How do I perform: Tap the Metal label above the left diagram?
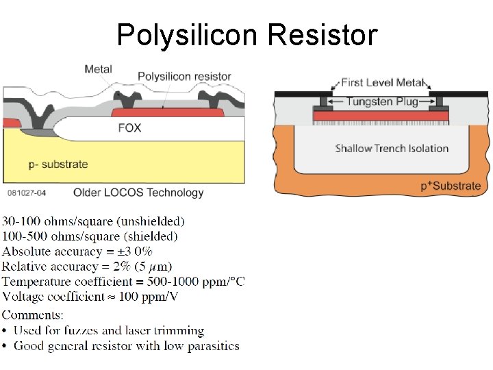click(x=98, y=69)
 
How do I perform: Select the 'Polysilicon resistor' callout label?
click(x=184, y=76)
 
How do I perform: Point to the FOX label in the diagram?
click(x=129, y=128)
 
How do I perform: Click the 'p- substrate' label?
click(x=58, y=164)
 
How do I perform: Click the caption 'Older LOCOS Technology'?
click(x=138, y=193)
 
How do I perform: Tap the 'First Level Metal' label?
click(x=382, y=83)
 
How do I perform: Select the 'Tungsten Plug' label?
click(x=381, y=101)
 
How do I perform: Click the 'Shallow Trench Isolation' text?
click(x=392, y=148)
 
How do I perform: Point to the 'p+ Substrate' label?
click(x=451, y=186)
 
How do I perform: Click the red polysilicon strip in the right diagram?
click(x=381, y=118)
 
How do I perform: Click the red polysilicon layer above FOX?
click(x=168, y=112)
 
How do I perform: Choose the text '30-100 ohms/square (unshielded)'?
click(x=93, y=221)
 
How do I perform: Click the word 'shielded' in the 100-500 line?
click(x=153, y=236)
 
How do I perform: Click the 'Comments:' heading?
click(x=33, y=315)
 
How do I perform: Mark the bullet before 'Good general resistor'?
click(x=5, y=346)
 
